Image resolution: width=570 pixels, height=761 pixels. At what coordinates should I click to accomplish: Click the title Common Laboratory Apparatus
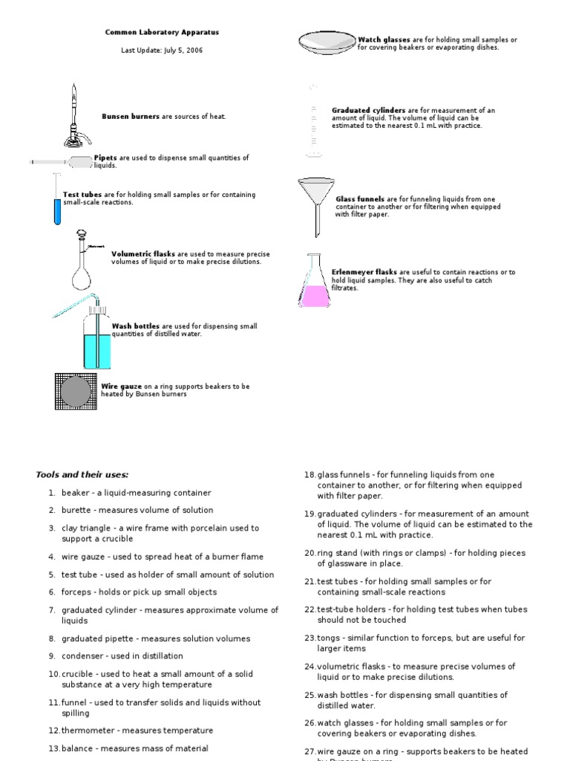pyautogui.click(x=162, y=33)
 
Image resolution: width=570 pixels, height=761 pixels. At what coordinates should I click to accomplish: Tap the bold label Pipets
pyautogui.click(x=105, y=158)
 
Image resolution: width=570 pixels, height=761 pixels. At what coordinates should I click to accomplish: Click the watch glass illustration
pyautogui.click(x=327, y=42)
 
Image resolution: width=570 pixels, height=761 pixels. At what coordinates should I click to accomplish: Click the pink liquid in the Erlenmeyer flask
pyautogui.click(x=315, y=296)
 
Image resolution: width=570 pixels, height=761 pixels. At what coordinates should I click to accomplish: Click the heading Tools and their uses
pyautogui.click(x=82, y=474)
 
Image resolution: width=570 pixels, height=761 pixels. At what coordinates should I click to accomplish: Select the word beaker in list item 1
pyautogui.click(x=75, y=493)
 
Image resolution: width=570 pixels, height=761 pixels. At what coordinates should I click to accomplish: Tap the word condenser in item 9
pyautogui.click(x=80, y=656)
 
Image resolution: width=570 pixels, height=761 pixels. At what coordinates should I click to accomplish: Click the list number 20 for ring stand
pyautogui.click(x=309, y=553)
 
